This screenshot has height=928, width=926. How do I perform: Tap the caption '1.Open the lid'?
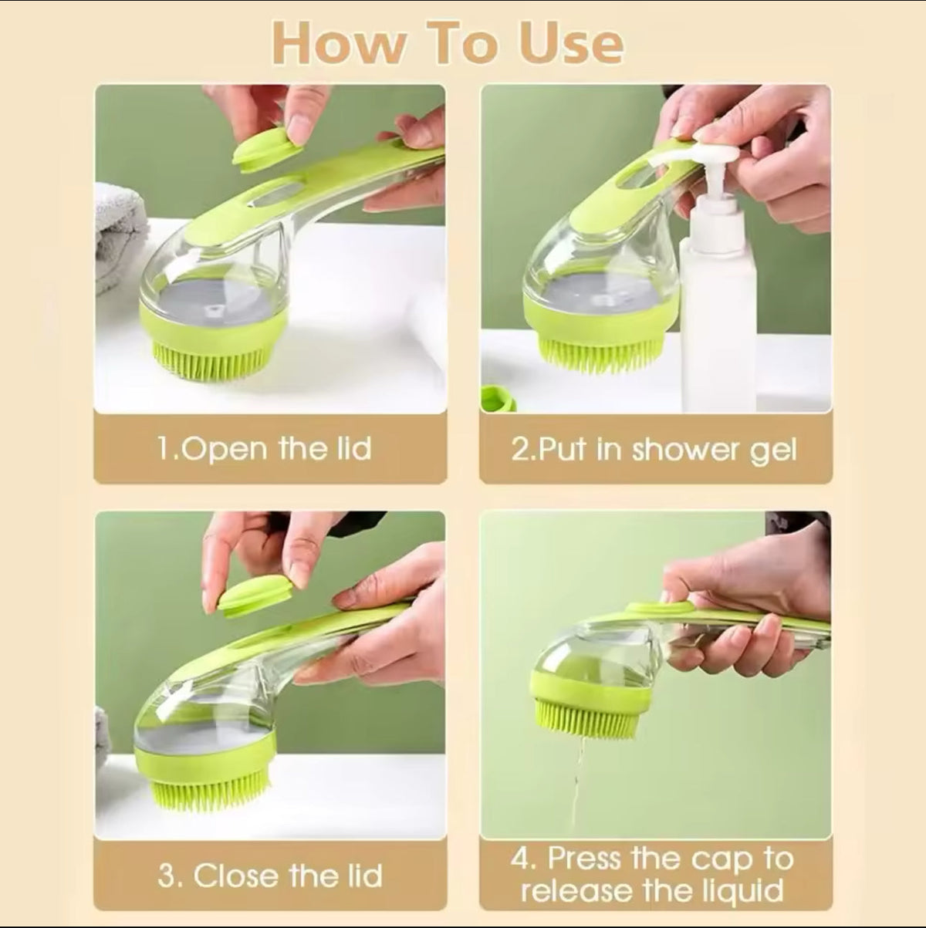pos(264,448)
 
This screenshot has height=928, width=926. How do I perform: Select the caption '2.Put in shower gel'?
pos(653,449)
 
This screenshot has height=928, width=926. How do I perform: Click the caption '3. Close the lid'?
pos(270,876)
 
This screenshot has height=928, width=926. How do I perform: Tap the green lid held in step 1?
pos(267,148)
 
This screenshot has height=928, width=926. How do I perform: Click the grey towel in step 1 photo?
pos(118,231)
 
